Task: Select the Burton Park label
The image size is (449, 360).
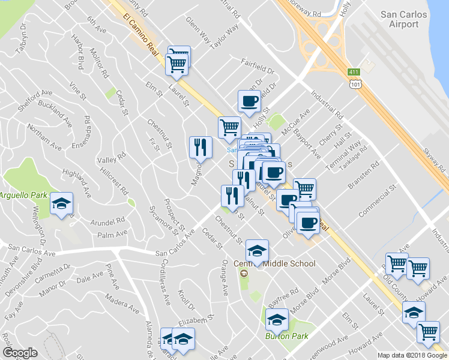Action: tap(286, 336)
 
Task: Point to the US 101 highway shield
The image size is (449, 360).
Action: tap(356, 85)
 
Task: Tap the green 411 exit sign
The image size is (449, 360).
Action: tap(354, 73)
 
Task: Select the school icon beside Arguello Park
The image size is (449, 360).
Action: tap(61, 205)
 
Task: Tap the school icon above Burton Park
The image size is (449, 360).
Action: tap(277, 320)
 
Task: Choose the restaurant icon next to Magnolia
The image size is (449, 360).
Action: tap(200, 146)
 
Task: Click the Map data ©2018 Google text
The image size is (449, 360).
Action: tap(412, 355)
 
